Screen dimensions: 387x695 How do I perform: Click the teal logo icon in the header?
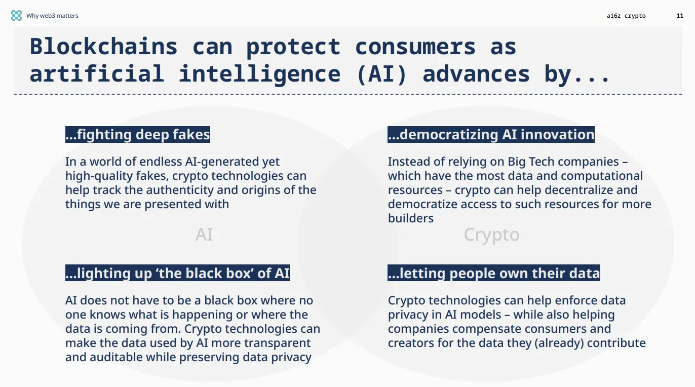(x=16, y=16)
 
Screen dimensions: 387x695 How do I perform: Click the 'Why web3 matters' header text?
(x=52, y=16)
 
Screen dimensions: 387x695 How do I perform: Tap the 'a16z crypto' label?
(x=626, y=16)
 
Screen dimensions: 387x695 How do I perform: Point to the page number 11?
(x=680, y=16)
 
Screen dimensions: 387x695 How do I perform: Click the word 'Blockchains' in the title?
(x=103, y=47)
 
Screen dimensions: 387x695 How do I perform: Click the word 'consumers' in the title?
(x=415, y=47)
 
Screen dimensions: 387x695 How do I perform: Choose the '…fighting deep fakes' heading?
(x=137, y=135)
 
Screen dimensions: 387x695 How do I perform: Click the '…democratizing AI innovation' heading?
(x=491, y=135)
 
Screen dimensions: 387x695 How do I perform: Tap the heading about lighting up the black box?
(x=177, y=274)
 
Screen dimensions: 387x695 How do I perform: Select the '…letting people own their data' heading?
(x=493, y=274)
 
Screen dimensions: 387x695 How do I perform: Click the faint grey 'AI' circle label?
(x=204, y=235)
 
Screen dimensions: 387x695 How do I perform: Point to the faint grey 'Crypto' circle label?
(x=491, y=235)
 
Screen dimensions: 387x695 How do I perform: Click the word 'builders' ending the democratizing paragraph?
(x=410, y=219)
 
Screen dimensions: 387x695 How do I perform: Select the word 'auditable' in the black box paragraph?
(x=114, y=357)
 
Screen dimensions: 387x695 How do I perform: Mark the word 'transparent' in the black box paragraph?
(x=277, y=343)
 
